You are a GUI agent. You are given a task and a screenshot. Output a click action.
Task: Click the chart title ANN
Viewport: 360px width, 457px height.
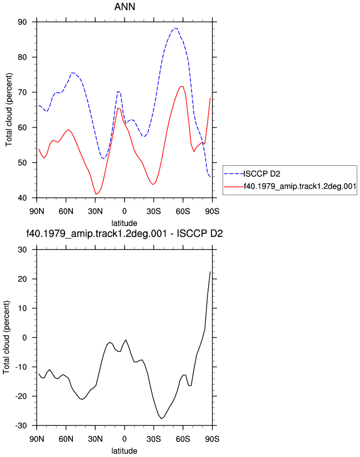(x=125, y=7)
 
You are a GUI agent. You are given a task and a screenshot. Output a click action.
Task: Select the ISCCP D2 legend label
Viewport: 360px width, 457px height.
(x=262, y=174)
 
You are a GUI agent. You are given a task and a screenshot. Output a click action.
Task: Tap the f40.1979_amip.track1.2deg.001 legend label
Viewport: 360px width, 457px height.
(x=300, y=186)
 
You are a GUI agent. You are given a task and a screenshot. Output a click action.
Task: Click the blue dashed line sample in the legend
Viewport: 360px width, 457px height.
(x=234, y=174)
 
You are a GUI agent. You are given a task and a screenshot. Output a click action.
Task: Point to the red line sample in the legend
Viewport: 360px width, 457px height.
(x=234, y=186)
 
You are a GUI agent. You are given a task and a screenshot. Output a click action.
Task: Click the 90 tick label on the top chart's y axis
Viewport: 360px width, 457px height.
(x=22, y=22)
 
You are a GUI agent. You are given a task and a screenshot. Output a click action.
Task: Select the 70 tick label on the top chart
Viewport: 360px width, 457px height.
(x=22, y=92)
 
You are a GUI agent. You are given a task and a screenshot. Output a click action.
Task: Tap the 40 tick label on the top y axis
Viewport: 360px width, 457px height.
(x=22, y=198)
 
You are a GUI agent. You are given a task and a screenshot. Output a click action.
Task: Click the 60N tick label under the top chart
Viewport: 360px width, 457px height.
(x=66, y=211)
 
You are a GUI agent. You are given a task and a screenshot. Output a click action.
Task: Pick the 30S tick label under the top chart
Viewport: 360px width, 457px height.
(x=154, y=211)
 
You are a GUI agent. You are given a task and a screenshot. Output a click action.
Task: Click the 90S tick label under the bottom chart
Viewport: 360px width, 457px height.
(x=212, y=439)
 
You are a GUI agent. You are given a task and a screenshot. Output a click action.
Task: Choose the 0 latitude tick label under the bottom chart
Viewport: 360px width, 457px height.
(x=125, y=439)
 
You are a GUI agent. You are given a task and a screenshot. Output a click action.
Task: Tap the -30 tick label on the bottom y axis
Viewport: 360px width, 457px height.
(x=21, y=426)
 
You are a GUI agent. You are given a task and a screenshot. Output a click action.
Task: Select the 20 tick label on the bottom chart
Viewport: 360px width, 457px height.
(x=22, y=279)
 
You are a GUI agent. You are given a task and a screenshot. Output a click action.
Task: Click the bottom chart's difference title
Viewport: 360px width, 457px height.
(x=125, y=233)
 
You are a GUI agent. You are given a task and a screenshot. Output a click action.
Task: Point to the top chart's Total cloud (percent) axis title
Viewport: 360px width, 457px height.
(x=9, y=110)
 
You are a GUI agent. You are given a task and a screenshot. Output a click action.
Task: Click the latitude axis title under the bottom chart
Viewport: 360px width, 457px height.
(x=125, y=450)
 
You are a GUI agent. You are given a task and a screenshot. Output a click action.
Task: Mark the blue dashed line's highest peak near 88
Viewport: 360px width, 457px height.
(x=175, y=28)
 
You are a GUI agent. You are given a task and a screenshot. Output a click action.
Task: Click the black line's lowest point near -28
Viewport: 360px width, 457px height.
(x=161, y=419)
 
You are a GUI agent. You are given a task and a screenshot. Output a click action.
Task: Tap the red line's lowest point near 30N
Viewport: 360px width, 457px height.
(x=96, y=194)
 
